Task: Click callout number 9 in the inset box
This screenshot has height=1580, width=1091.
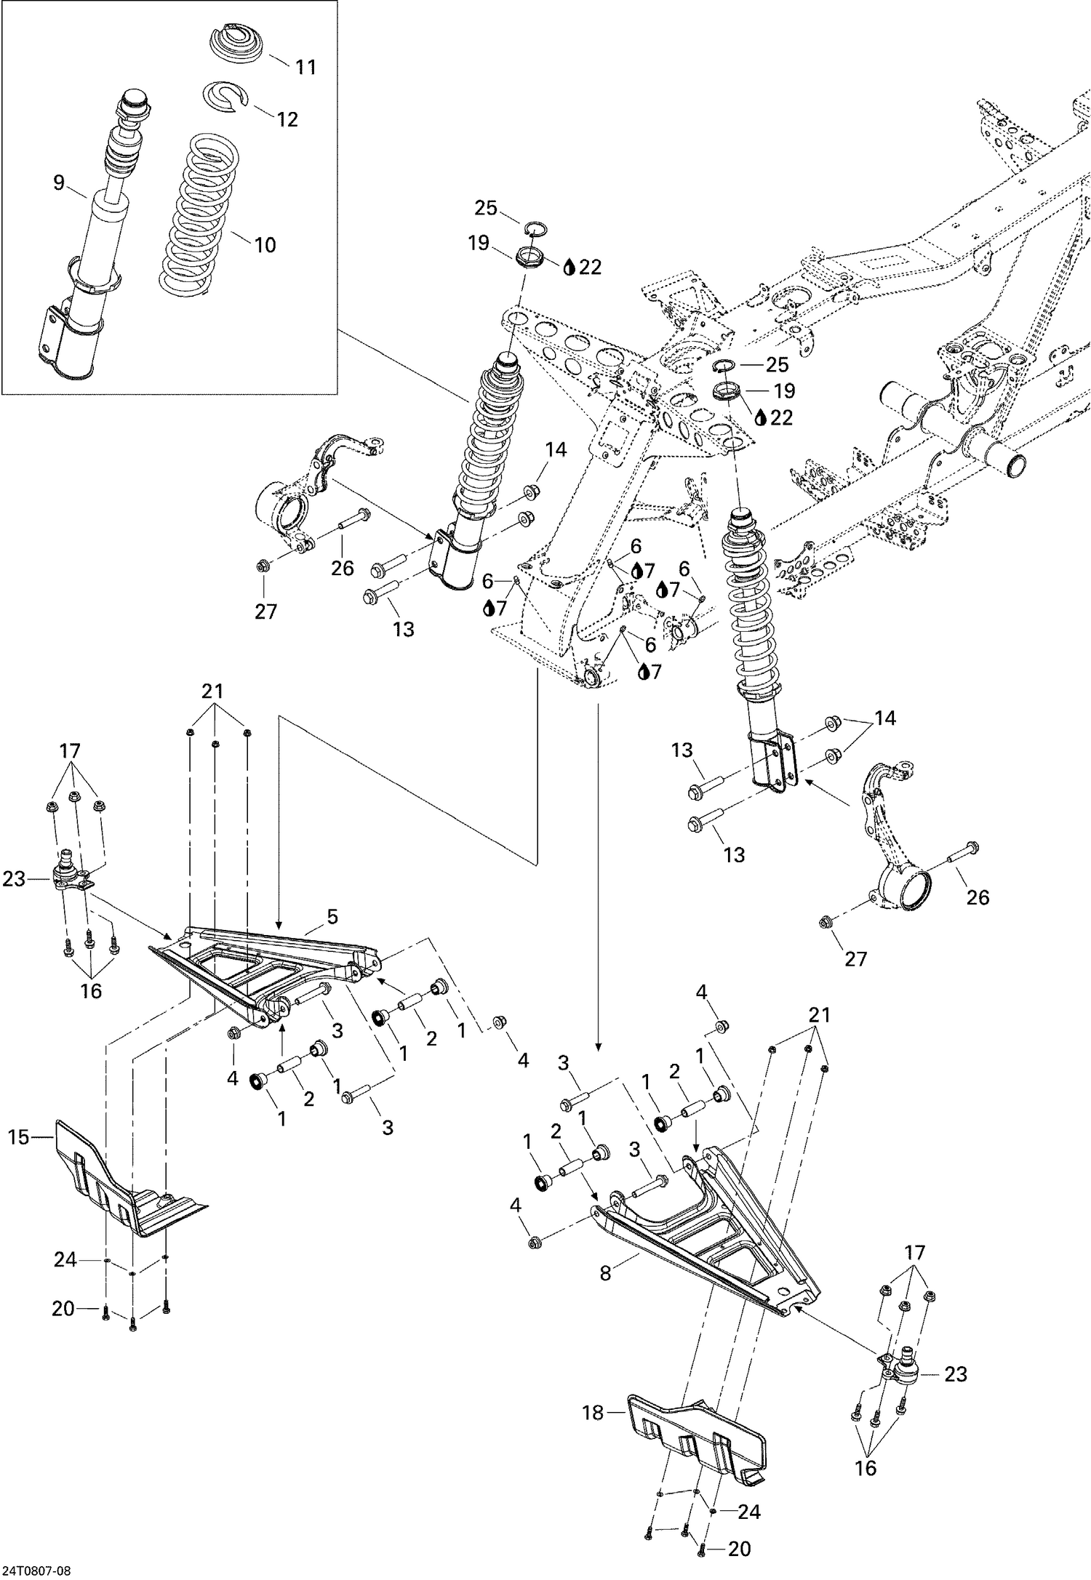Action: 59,183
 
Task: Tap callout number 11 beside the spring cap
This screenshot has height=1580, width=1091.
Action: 306,68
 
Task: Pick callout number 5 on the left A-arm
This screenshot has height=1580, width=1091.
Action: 332,918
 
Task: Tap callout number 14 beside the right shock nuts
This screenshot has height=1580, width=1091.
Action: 885,718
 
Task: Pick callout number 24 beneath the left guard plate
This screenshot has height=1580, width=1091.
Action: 65,1259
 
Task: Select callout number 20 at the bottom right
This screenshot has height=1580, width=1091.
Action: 739,1549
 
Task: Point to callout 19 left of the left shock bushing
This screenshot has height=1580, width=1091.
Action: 479,243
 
